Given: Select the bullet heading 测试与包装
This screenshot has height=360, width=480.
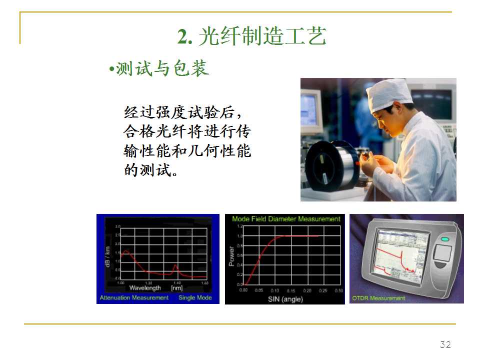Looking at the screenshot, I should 162,69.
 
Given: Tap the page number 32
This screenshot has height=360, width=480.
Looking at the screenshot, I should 445,344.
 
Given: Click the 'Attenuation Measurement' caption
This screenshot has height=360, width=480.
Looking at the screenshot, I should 134,297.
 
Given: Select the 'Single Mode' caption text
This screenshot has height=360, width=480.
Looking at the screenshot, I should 195,297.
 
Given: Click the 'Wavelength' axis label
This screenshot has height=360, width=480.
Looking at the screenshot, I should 145,288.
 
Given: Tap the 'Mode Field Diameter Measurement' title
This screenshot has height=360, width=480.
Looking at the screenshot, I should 286,219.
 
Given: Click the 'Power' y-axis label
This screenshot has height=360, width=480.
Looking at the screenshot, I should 231,256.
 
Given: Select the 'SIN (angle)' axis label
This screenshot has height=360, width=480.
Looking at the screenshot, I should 285,298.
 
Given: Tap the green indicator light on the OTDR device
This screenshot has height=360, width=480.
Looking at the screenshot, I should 444,239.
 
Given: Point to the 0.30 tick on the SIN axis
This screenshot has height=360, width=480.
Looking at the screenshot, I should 338,290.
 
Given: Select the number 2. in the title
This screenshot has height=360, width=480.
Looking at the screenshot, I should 185,36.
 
